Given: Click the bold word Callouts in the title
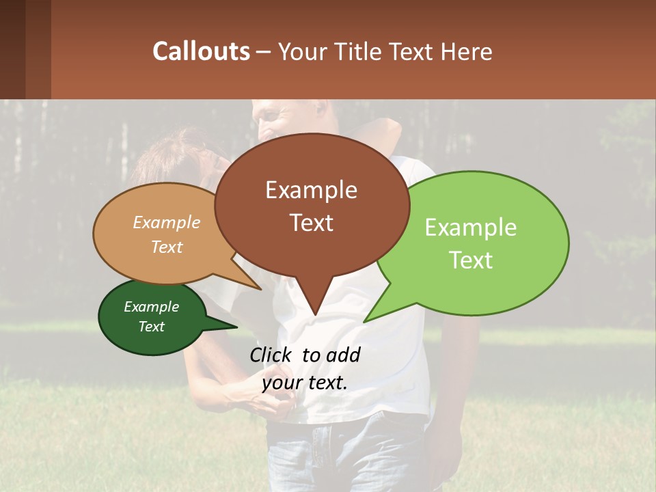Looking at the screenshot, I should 201,51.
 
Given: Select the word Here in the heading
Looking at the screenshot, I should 467,51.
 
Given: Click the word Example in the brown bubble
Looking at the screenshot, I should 311,190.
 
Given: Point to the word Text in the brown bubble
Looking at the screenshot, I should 311,222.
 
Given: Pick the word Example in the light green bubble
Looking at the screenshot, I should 471,228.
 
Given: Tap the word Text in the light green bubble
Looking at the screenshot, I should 471,260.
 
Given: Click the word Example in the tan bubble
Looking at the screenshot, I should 167,222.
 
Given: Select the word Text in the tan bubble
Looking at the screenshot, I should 167,247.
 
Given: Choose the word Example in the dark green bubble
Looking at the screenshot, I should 152,307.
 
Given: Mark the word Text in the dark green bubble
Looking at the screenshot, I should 152,327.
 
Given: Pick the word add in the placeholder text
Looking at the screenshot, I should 343,355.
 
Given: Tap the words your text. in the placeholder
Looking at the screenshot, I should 305,382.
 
